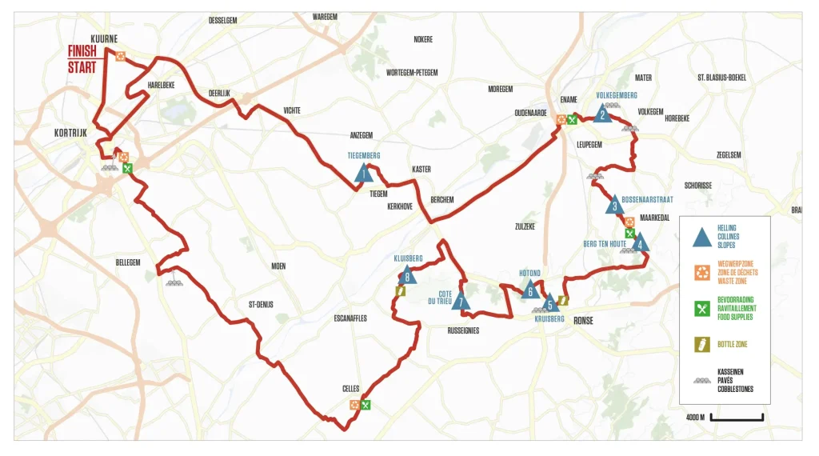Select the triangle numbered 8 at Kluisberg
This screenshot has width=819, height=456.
click(x=408, y=277)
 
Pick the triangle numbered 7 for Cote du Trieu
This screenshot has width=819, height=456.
click(x=460, y=302)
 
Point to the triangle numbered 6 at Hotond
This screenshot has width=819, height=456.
click(x=530, y=291)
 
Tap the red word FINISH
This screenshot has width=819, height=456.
click(x=82, y=51)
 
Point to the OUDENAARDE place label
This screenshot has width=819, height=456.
click(x=529, y=113)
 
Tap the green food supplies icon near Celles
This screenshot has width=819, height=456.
click(x=366, y=405)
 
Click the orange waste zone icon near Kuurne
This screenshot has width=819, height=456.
click(x=120, y=56)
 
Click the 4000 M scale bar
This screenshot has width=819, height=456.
click(x=737, y=418)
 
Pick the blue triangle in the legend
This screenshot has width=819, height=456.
click(x=701, y=237)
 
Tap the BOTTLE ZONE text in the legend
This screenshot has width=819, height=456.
click(x=731, y=345)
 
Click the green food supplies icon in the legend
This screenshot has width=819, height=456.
click(x=701, y=308)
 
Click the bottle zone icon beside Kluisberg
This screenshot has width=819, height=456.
click(x=400, y=292)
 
